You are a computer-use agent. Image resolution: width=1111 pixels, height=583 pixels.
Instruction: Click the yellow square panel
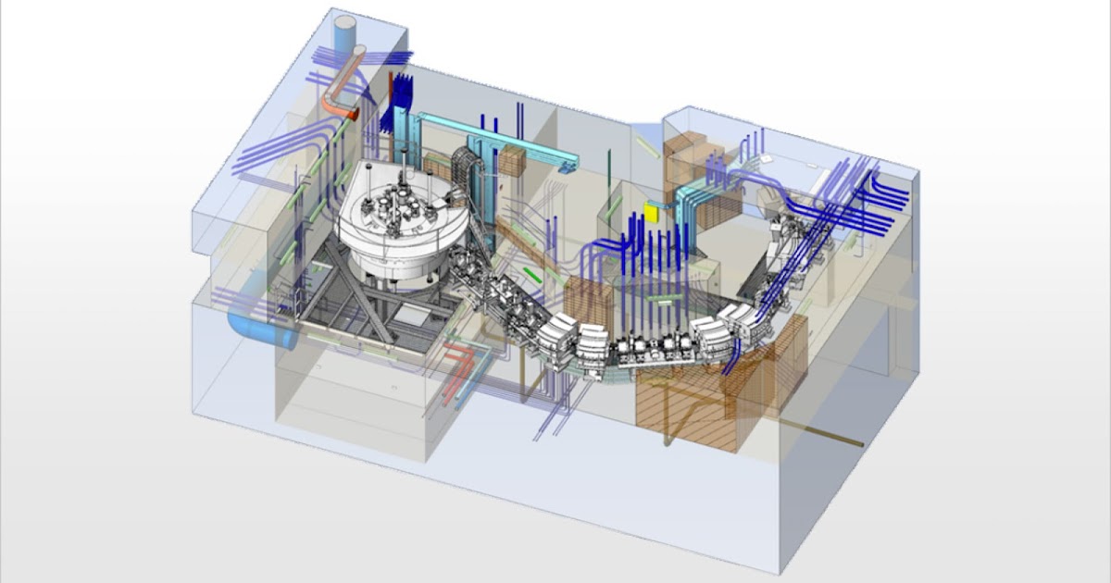(651, 214)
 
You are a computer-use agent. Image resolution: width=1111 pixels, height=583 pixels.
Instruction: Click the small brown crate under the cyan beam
(512, 163)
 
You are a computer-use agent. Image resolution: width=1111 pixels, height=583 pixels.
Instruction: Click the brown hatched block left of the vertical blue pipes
(584, 306)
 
